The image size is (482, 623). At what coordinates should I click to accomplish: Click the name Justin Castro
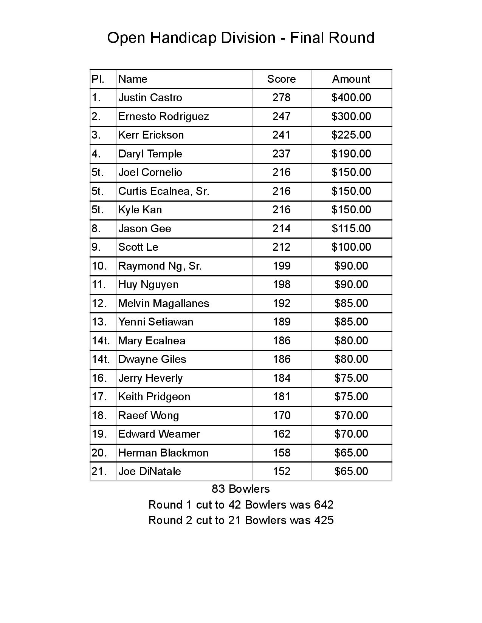tap(150, 97)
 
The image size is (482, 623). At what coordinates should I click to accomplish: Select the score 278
tap(281, 97)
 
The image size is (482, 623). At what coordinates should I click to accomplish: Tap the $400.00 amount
tap(351, 97)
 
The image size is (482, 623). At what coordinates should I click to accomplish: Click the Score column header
tap(281, 79)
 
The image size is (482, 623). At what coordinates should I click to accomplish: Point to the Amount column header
tap(351, 79)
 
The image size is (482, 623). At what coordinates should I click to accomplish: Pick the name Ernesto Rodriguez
tap(163, 116)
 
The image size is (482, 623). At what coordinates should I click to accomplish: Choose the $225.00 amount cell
tap(351, 135)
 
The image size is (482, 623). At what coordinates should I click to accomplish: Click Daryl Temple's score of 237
tap(281, 154)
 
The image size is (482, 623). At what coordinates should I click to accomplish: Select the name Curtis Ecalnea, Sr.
tap(163, 191)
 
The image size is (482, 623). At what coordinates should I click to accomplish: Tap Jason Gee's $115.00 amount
tap(351, 228)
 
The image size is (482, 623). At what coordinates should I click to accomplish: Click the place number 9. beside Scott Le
tap(96, 247)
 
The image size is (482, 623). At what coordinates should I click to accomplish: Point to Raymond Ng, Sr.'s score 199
tap(281, 266)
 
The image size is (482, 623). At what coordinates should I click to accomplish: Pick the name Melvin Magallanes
tap(163, 303)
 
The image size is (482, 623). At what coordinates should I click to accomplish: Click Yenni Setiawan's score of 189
tap(281, 322)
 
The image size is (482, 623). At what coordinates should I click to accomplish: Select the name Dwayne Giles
tap(152, 359)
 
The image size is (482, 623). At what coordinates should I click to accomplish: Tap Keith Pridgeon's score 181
tap(281, 396)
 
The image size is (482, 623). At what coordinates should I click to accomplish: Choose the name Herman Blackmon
tap(163, 453)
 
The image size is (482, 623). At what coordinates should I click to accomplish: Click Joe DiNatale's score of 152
tap(281, 471)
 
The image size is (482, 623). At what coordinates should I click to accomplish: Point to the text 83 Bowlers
tap(240, 489)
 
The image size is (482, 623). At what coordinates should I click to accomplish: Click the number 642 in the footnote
tap(324, 505)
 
